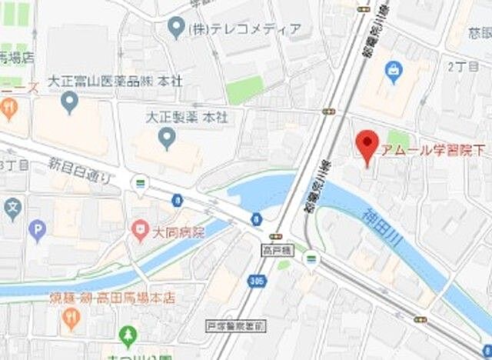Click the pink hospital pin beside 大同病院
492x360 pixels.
138,228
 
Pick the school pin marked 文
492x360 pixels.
12,208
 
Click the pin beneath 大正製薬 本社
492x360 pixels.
166,138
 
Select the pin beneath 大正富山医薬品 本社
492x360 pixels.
71,101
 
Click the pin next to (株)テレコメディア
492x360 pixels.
175,29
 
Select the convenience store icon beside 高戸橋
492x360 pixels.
310,256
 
